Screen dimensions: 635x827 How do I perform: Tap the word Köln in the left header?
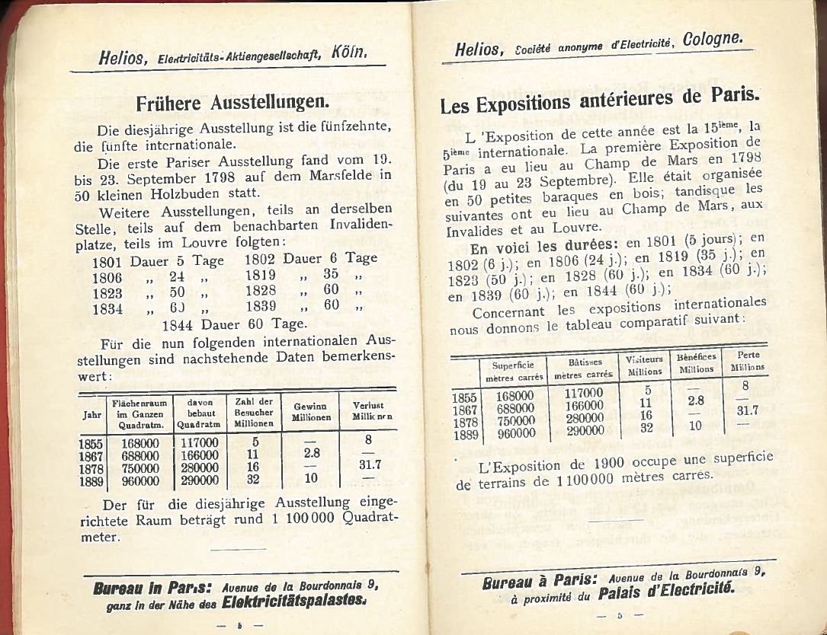(x=350, y=53)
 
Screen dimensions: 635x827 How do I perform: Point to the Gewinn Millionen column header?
(x=311, y=412)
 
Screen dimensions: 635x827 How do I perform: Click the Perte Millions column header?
(x=747, y=360)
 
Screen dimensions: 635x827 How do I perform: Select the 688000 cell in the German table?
(x=140, y=454)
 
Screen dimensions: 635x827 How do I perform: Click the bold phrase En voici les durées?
(x=533, y=248)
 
